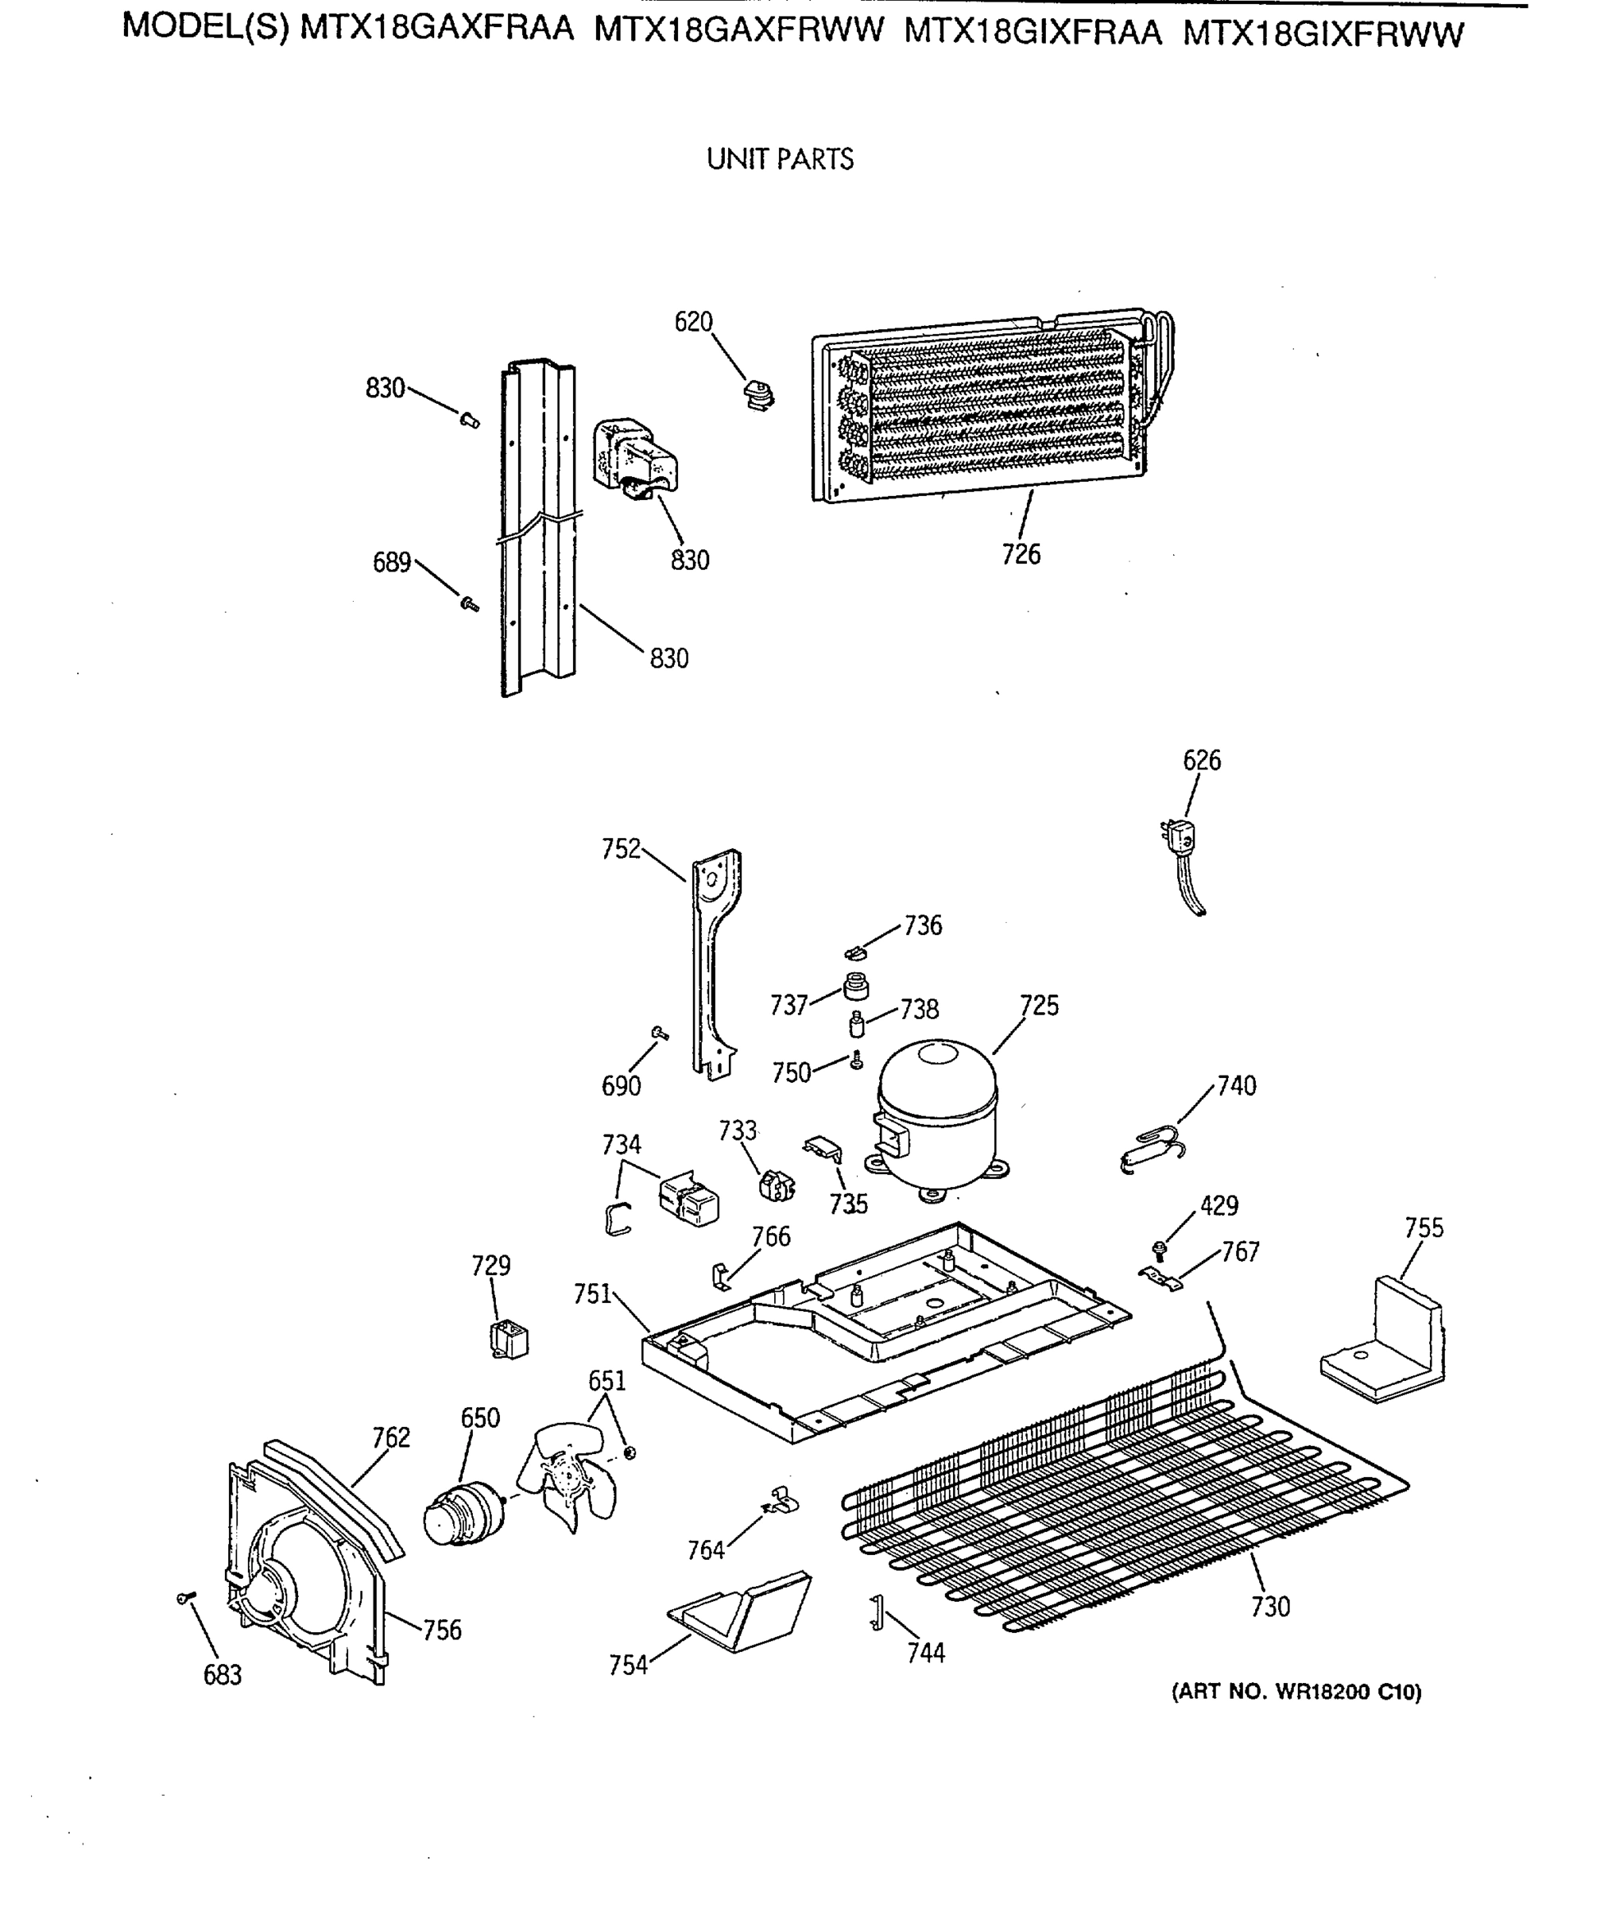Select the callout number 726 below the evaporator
click(x=1021, y=554)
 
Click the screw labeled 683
click(x=185, y=1597)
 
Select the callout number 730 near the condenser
click(x=1269, y=1607)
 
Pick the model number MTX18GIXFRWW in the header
click(x=1323, y=34)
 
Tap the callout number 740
click(x=1237, y=1086)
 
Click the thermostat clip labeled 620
click(x=757, y=396)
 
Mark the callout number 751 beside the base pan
click(x=592, y=1293)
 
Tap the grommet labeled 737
click(x=855, y=986)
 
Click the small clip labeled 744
click(x=876, y=1612)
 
